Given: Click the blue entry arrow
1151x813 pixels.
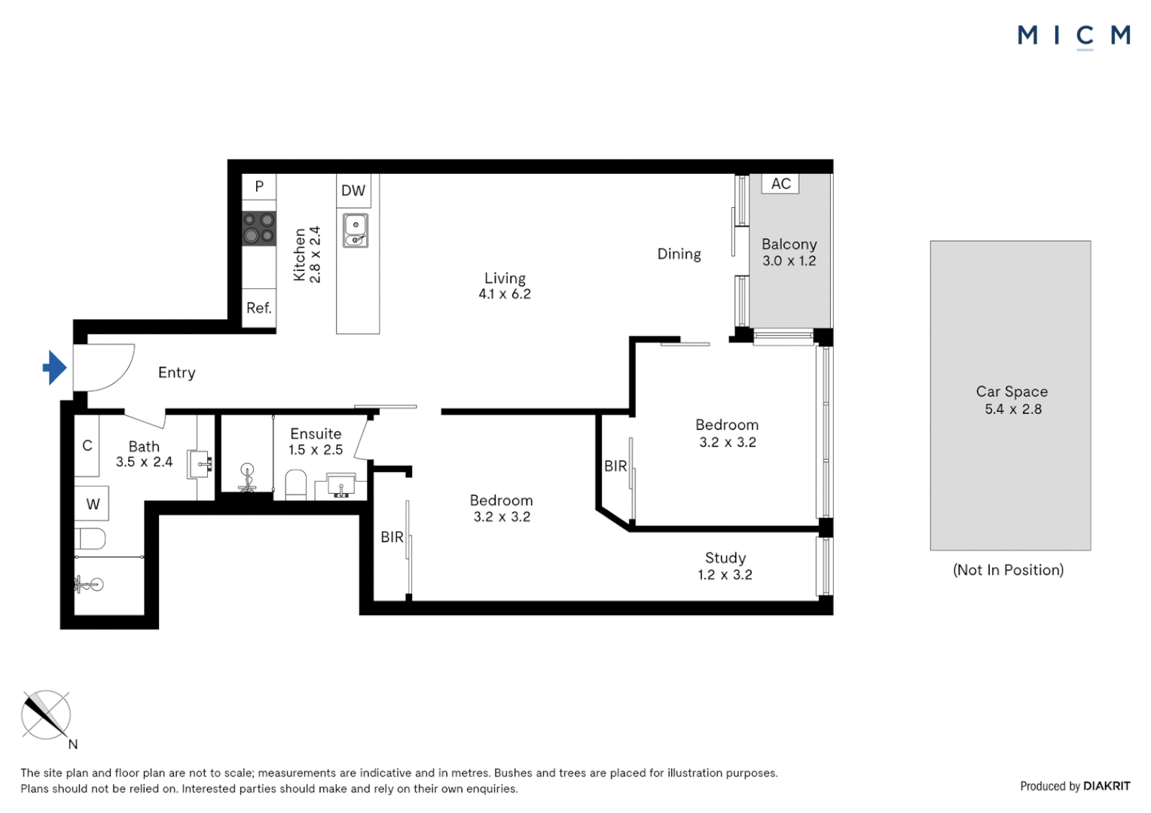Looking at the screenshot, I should tap(54, 368).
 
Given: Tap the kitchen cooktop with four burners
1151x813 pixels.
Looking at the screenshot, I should tap(258, 228).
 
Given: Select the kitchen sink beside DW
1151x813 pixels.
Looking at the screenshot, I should tap(356, 230).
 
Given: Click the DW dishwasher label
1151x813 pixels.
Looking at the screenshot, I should tap(353, 190).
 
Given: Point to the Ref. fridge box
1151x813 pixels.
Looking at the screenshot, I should tap(258, 308).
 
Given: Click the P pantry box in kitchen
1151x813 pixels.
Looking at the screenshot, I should tap(259, 186).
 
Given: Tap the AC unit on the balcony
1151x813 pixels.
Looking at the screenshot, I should tap(780, 184).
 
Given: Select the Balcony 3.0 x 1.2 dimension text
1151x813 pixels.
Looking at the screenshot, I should tap(789, 261).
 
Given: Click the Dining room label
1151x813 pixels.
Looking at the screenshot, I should tap(679, 254).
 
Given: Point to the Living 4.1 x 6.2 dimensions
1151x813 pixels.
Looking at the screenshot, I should tap(505, 294).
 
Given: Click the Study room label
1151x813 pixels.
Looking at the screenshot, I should tap(725, 558).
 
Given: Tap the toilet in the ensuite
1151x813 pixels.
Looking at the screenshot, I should tap(296, 486).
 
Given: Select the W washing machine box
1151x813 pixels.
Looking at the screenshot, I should tap(93, 504).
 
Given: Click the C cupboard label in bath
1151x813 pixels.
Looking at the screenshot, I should tap(87, 446).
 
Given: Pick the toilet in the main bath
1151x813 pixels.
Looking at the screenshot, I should tap(90, 538).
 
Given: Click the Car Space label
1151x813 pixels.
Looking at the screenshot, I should tap(1012, 391).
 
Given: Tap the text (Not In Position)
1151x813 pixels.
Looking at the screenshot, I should tap(1008, 570).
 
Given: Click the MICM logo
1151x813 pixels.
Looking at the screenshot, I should tap(1073, 35).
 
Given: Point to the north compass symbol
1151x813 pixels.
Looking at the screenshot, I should tap(46, 716).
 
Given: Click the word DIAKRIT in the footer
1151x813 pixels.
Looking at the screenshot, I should tap(1107, 786).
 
